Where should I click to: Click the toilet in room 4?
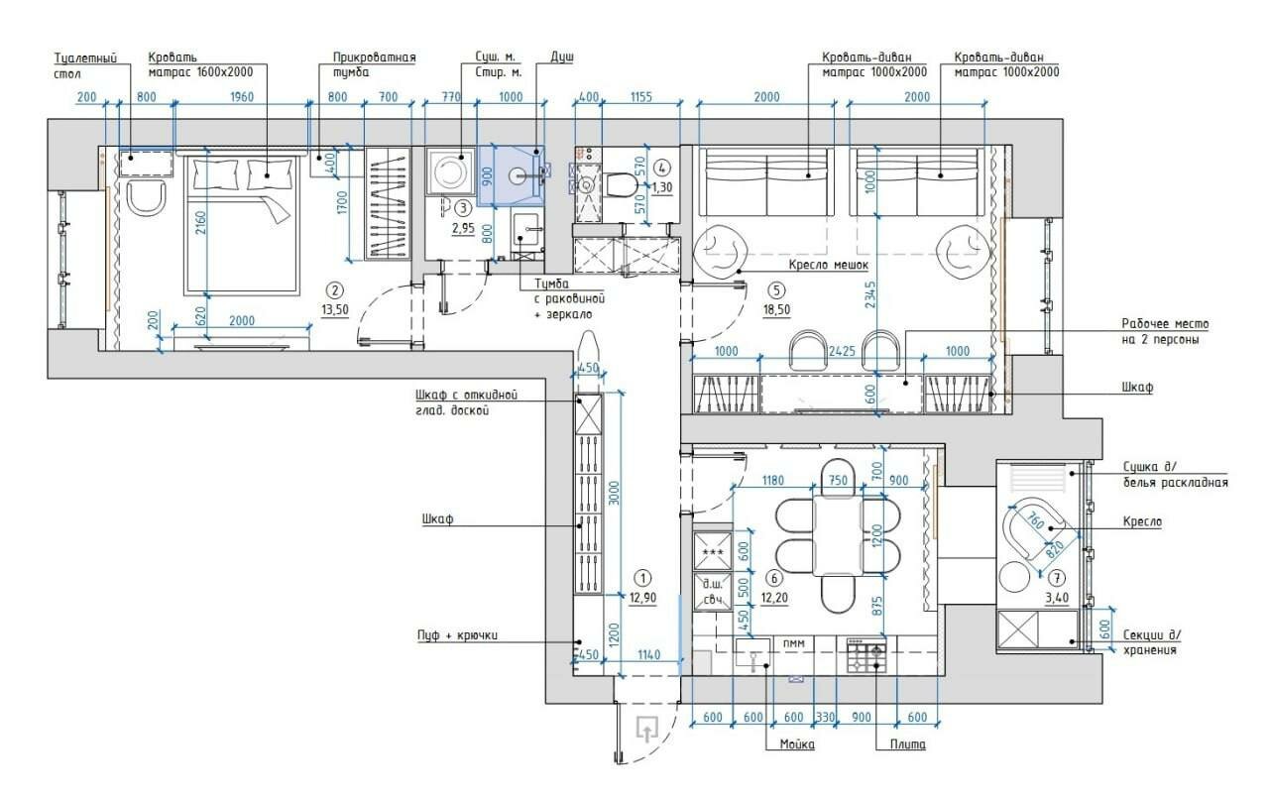[621, 184]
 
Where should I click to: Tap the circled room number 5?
[776, 290]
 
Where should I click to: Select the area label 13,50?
[335, 310]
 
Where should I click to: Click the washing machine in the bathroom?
[451, 171]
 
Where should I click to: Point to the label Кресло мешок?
[828, 265]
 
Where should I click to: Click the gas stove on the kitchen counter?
[866, 654]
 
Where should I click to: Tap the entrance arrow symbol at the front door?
[646, 729]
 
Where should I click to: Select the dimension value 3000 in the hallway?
[616, 493]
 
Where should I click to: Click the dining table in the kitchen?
[838, 535]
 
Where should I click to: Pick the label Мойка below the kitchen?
[797, 744]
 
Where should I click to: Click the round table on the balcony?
[1014, 577]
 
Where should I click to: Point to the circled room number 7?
[1057, 579]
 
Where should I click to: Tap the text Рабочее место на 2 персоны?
[1165, 332]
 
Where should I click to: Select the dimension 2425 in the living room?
[842, 351]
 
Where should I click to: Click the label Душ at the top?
[561, 57]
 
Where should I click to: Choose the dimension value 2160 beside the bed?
[202, 224]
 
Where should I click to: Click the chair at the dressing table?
[147, 196]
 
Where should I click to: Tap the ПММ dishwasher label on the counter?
[794, 643]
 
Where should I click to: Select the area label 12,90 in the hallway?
[643, 597]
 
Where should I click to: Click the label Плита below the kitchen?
[907, 744]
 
